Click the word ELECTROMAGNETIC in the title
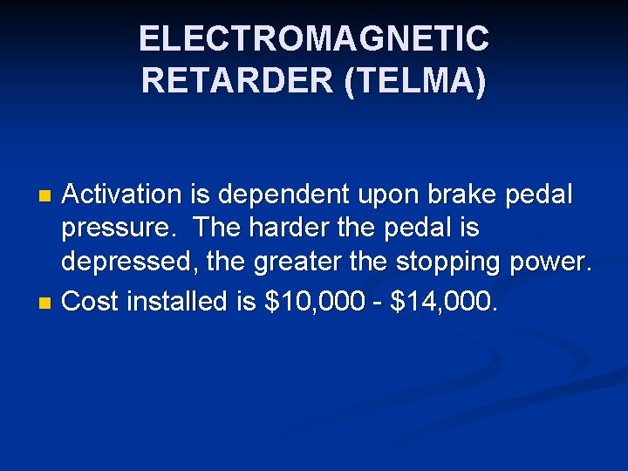click(313, 39)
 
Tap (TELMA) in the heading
click(416, 81)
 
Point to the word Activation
click(124, 195)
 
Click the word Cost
click(92, 302)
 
